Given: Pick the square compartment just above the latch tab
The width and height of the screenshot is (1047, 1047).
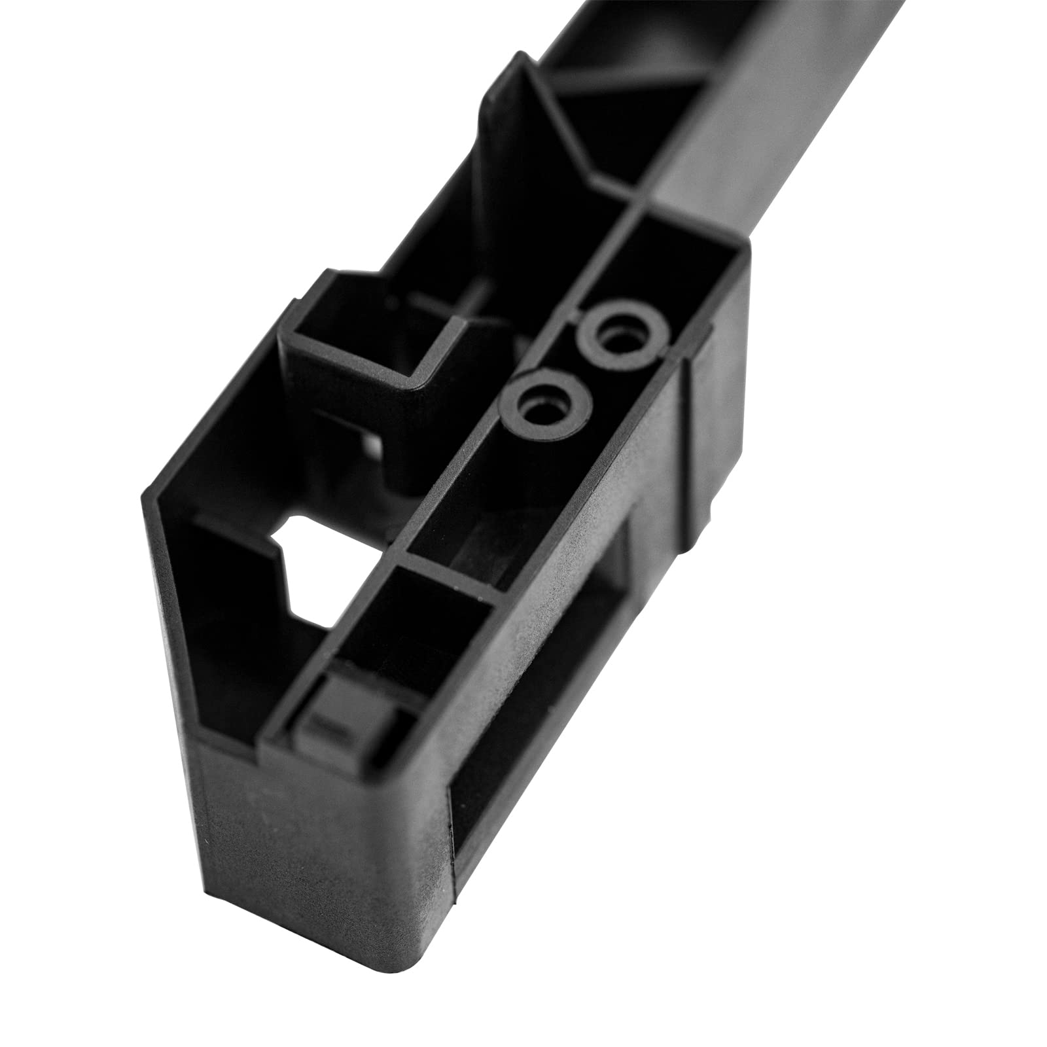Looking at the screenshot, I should [x=406, y=628].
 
